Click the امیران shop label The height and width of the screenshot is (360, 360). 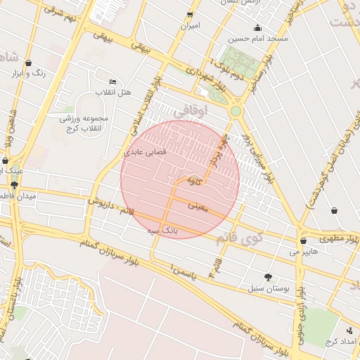point(190,26)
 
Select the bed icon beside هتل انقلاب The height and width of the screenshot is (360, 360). point(113,82)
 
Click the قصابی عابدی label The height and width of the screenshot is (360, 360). point(145,151)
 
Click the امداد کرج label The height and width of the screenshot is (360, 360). point(341,341)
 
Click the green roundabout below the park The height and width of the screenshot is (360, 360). point(236,111)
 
